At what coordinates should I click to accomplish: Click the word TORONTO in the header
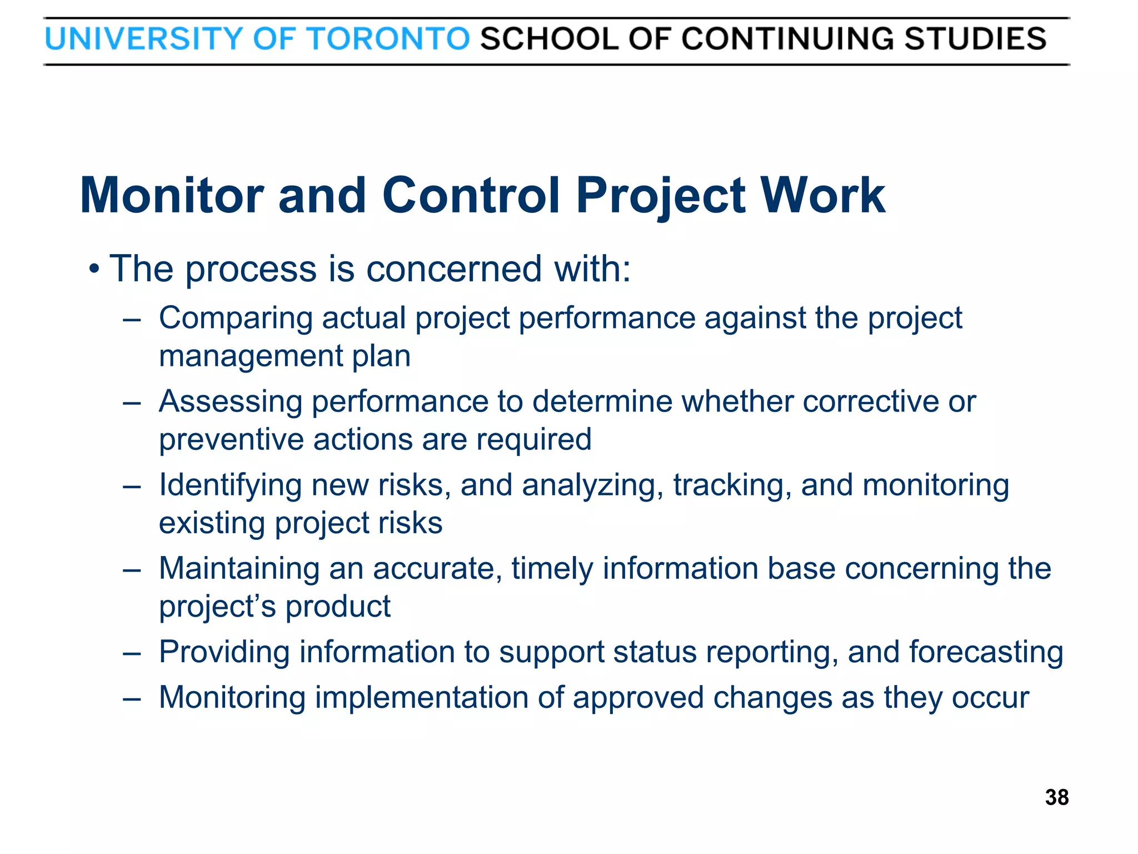[x=389, y=39]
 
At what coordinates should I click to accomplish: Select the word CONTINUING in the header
[x=788, y=39]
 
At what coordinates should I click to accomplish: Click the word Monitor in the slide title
[x=172, y=195]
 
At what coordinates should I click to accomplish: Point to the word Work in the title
[x=822, y=195]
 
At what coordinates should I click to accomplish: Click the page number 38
[x=1056, y=797]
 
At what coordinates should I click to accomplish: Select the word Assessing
[x=231, y=401]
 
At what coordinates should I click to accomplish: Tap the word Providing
[x=224, y=652]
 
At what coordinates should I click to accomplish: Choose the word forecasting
[x=986, y=652]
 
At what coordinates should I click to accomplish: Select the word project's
[x=217, y=607]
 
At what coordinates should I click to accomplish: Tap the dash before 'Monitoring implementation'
[x=132, y=698]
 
